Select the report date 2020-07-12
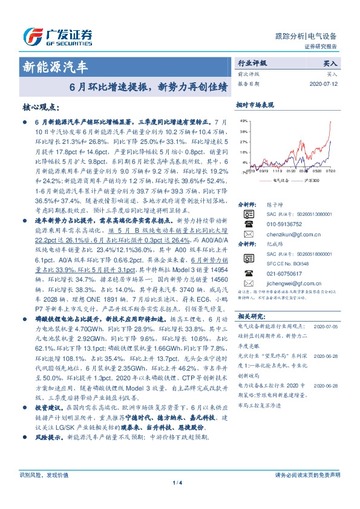tap(324, 84)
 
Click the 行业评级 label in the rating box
tap(252, 62)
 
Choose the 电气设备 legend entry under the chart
tap(281, 180)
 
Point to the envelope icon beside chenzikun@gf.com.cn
tap(247, 233)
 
